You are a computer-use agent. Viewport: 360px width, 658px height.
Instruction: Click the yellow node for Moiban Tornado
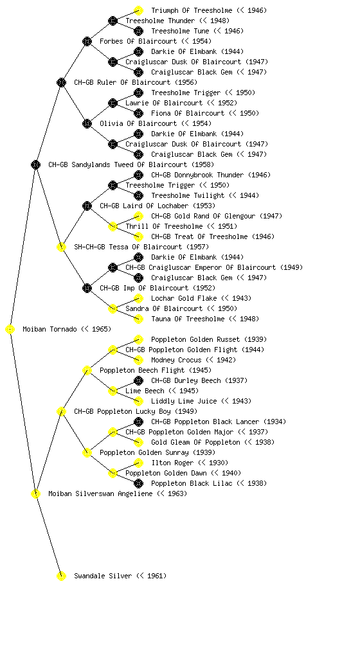[x=10, y=330]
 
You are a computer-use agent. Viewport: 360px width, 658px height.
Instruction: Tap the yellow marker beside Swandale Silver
[x=61, y=576]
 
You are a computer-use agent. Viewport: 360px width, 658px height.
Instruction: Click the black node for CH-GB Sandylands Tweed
[x=35, y=165]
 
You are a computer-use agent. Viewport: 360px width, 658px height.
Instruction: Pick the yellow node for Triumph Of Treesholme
[x=138, y=10]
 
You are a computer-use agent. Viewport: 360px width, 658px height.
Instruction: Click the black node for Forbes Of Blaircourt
[x=87, y=42]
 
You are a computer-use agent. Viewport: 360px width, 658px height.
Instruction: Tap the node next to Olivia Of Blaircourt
[x=87, y=124]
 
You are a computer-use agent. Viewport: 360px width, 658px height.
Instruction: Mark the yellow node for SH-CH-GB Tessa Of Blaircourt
[x=61, y=247]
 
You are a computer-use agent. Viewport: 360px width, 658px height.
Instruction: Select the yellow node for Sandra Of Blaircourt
[x=113, y=309]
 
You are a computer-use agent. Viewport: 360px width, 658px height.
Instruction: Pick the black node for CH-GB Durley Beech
[x=138, y=380]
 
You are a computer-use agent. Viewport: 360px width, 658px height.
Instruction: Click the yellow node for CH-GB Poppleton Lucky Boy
[x=61, y=412]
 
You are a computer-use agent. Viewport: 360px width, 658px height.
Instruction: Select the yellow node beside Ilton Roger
[x=138, y=463]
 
